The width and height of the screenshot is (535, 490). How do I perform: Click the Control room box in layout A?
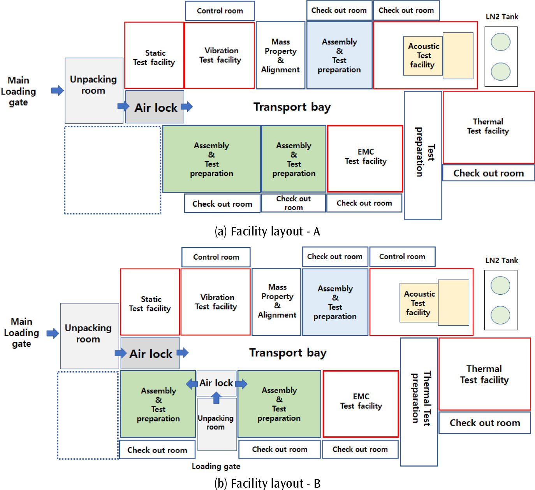(220, 11)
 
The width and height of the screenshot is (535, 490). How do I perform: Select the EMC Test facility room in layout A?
(365, 158)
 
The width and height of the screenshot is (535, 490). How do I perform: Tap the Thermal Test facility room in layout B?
(484, 374)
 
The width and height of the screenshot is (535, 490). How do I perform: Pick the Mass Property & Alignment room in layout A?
(280, 56)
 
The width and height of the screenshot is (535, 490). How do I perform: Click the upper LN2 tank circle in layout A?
(501, 42)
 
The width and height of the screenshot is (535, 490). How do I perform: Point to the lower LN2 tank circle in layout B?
(500, 315)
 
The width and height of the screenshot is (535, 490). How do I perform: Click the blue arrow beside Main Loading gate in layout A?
(57, 91)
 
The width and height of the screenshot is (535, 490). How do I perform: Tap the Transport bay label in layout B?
(288, 353)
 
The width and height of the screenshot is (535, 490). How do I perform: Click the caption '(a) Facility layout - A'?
(267, 232)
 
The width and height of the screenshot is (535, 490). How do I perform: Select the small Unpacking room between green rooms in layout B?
(217, 423)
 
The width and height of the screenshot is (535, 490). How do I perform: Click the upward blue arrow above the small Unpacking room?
(216, 398)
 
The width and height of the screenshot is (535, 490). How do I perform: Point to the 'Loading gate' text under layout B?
(216, 466)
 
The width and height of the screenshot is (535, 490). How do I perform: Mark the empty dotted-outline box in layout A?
(113, 170)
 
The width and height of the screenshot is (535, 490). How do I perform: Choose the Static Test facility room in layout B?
(150, 302)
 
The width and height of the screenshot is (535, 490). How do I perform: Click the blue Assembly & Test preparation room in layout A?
(339, 56)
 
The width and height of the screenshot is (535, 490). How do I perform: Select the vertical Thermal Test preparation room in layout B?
(419, 402)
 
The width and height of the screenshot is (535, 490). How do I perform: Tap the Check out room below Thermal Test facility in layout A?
(488, 173)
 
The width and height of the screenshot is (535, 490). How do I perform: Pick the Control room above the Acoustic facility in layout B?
(402, 257)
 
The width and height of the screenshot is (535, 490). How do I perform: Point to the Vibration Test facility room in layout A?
(220, 56)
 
